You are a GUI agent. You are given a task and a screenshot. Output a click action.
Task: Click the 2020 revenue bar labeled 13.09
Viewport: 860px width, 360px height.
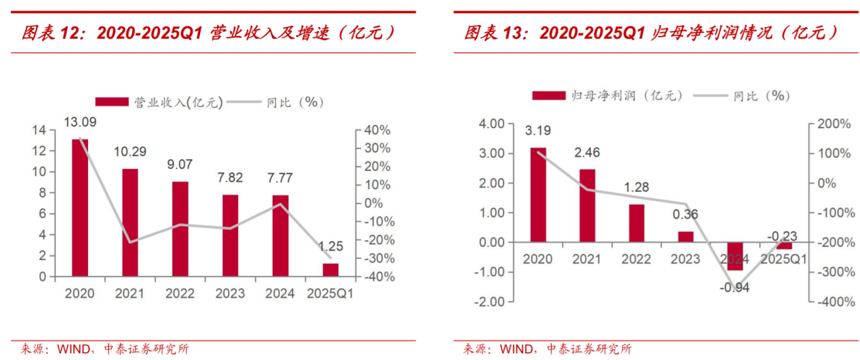point(80,207)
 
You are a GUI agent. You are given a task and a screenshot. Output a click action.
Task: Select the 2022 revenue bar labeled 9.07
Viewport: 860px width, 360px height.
point(180,228)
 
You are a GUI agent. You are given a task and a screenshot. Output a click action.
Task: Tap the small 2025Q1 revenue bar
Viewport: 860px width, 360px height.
point(330,269)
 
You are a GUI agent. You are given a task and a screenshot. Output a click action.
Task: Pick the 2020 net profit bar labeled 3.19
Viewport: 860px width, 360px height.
point(538,195)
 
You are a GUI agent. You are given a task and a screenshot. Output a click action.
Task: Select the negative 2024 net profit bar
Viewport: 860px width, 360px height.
point(735,256)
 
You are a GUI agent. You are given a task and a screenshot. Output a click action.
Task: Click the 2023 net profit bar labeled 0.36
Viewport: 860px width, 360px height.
point(686,237)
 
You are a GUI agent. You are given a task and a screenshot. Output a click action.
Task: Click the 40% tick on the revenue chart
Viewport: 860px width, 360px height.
point(377,130)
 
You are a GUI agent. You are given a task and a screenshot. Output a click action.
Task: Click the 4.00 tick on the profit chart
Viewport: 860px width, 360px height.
point(491,124)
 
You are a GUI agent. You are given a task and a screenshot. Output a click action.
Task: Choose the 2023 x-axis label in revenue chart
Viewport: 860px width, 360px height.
point(230,294)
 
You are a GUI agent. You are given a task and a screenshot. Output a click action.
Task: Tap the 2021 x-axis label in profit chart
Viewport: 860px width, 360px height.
point(588,259)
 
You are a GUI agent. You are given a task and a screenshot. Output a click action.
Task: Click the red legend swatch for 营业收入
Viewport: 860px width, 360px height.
point(111,102)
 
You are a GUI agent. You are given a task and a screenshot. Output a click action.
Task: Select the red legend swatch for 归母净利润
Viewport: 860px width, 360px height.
point(548,96)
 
